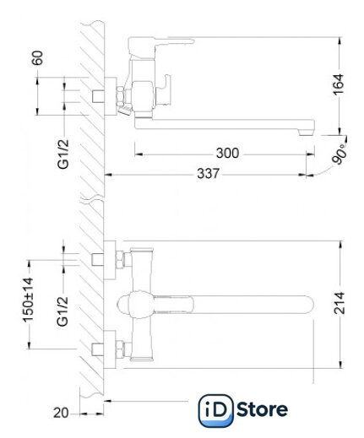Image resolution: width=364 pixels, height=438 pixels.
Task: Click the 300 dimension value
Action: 227,154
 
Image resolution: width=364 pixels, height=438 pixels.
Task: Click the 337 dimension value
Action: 208,174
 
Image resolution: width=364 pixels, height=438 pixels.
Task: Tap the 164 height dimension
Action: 339,84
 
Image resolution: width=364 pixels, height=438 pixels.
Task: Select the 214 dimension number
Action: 339,303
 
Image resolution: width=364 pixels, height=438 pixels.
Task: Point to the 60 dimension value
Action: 37,58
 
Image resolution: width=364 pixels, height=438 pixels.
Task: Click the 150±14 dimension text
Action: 28,300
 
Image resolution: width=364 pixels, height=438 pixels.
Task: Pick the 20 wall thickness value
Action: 61,413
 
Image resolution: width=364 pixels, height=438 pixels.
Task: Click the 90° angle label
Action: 340,154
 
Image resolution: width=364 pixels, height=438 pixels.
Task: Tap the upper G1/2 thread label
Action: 63,154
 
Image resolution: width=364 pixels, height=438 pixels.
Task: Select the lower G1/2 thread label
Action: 62,311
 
